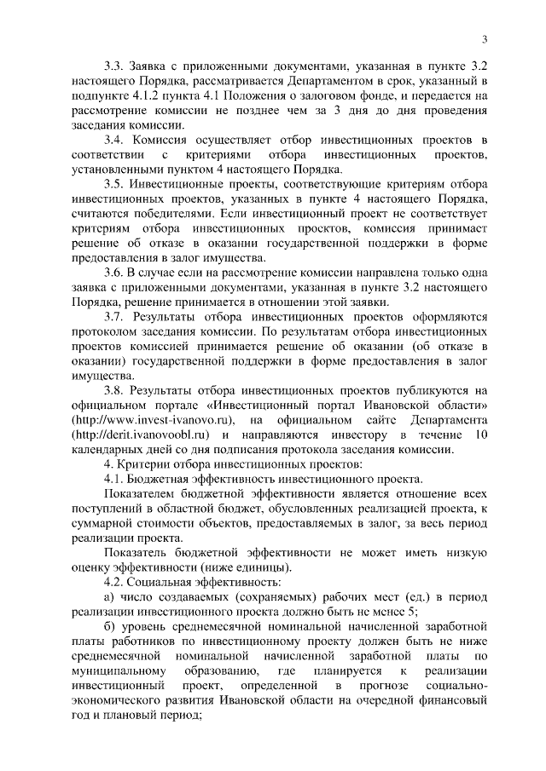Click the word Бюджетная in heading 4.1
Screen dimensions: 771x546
coord(167,479)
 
